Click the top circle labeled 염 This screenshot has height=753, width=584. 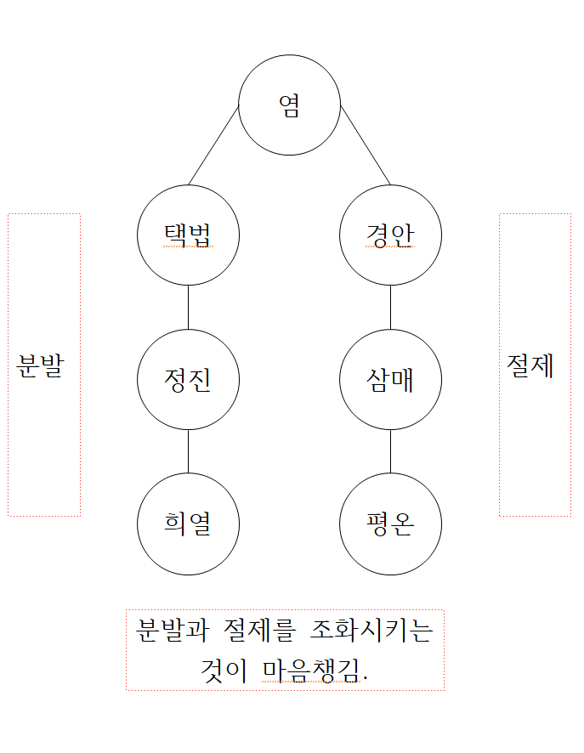[289, 105]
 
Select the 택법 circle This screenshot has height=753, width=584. [188, 235]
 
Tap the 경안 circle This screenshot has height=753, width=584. [390, 235]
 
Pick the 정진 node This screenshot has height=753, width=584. [188, 380]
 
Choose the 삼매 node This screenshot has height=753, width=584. [390, 380]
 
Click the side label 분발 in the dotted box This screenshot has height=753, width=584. [41, 366]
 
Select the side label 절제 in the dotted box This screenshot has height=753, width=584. [531, 366]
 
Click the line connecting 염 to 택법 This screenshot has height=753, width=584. [213, 145]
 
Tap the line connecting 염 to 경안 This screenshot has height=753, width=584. [366, 145]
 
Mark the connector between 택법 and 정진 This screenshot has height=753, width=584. [188, 308]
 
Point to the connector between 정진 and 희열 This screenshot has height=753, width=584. [188, 452]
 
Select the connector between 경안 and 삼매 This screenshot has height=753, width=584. [390, 308]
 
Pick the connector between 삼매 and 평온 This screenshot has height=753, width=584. [390, 452]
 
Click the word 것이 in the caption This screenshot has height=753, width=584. [223, 671]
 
